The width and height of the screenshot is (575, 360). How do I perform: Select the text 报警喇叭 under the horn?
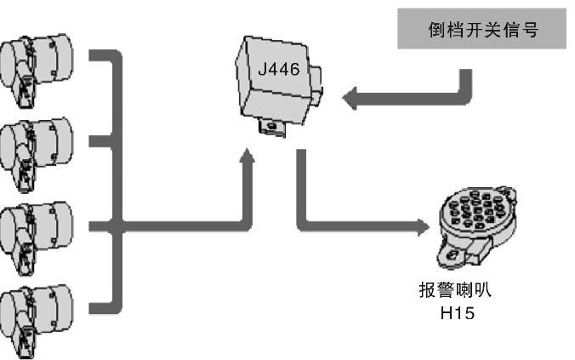point(455,290)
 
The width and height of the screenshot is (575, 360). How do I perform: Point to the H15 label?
point(456,314)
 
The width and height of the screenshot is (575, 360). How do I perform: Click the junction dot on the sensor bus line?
point(117,226)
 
